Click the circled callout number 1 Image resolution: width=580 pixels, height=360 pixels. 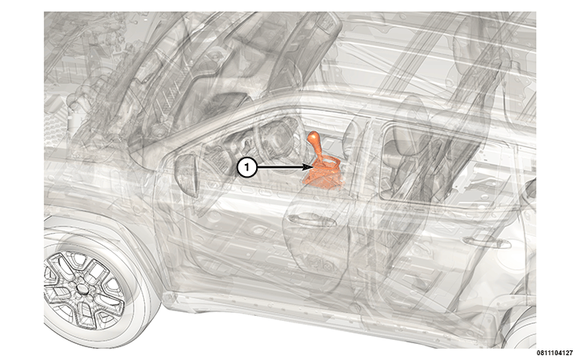(x=246, y=168)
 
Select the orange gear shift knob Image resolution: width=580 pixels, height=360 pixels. (x=314, y=138)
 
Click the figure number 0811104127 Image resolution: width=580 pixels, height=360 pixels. (x=554, y=354)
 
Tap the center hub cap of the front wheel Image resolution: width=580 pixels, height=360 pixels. (x=82, y=288)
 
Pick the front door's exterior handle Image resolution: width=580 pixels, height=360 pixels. (x=311, y=221)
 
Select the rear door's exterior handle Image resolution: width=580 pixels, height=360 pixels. (x=486, y=242)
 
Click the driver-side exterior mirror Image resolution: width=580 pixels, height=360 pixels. (x=187, y=174)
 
